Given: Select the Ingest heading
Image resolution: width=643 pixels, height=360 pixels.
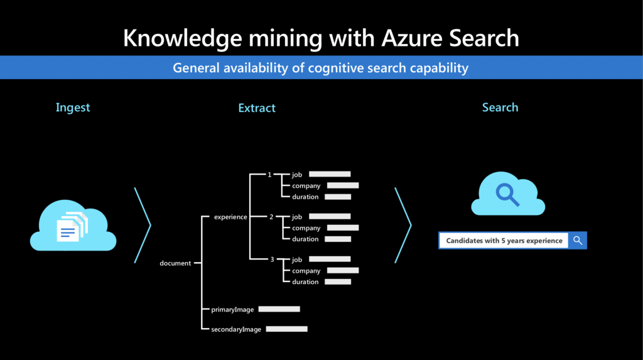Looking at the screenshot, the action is pyautogui.click(x=73, y=108).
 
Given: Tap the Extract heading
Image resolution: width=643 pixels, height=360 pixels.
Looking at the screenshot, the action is pyautogui.click(x=257, y=108).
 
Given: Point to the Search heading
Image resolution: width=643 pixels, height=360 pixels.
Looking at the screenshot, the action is pyautogui.click(x=500, y=107).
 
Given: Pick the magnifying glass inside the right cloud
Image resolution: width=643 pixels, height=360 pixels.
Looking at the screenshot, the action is pyautogui.click(x=507, y=195).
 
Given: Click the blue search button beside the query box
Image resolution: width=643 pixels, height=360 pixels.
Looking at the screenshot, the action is pyautogui.click(x=578, y=241).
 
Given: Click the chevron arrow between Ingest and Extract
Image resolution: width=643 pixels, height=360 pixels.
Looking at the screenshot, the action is pyautogui.click(x=143, y=226).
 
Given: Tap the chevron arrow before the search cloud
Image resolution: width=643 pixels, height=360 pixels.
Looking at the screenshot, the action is pyautogui.click(x=403, y=226).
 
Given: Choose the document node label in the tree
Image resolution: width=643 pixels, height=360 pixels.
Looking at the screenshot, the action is pyautogui.click(x=175, y=263).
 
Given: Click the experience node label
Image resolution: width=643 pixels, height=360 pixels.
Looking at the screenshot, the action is pyautogui.click(x=230, y=217).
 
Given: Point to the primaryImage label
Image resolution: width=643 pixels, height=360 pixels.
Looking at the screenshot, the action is pyautogui.click(x=232, y=310).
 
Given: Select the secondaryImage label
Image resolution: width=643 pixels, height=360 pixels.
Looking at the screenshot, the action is pyautogui.click(x=236, y=329).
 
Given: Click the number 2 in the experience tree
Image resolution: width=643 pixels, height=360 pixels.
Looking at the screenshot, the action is pyautogui.click(x=271, y=217).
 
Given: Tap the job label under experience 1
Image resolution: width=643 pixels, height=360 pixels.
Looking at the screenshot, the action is pyautogui.click(x=297, y=175).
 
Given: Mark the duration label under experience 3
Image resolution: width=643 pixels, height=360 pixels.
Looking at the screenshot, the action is pyautogui.click(x=305, y=281).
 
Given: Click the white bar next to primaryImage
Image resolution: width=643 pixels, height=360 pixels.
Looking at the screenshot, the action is pyautogui.click(x=279, y=309).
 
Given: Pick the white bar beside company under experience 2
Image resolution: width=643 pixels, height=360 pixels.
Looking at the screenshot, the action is pyautogui.click(x=343, y=228).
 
